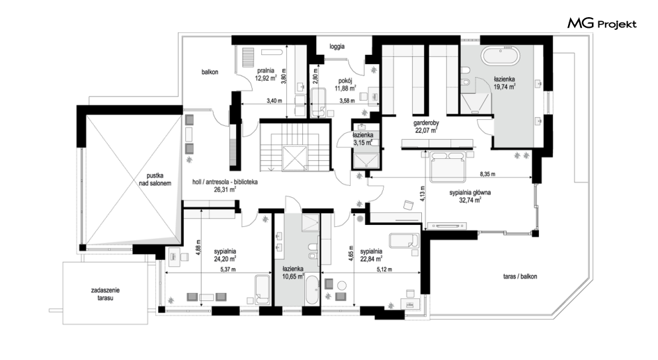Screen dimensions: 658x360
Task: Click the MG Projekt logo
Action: click(x=602, y=24)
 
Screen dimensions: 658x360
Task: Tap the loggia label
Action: click(x=337, y=46)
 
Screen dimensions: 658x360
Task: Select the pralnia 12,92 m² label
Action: click(x=267, y=74)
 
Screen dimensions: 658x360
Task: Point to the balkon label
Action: click(x=210, y=72)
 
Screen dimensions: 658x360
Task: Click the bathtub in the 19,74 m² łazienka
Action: click(x=500, y=56)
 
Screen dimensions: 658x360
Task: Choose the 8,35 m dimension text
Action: click(x=487, y=174)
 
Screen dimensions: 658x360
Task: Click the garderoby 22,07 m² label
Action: click(x=427, y=126)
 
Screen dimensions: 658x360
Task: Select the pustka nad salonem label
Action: click(x=155, y=179)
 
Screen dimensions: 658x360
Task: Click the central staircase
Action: click(x=294, y=146)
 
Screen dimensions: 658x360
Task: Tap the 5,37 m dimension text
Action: click(x=228, y=269)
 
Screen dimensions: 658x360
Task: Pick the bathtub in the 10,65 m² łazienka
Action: click(x=311, y=291)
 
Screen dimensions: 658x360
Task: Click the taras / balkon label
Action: click(x=520, y=277)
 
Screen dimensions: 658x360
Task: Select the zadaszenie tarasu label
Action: click(x=105, y=294)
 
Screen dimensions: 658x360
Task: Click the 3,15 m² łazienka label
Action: click(x=363, y=139)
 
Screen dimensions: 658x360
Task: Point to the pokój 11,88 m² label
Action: click(x=345, y=85)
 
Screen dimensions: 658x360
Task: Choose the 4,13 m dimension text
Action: click(x=423, y=194)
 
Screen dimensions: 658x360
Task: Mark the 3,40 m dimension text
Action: click(x=274, y=101)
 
